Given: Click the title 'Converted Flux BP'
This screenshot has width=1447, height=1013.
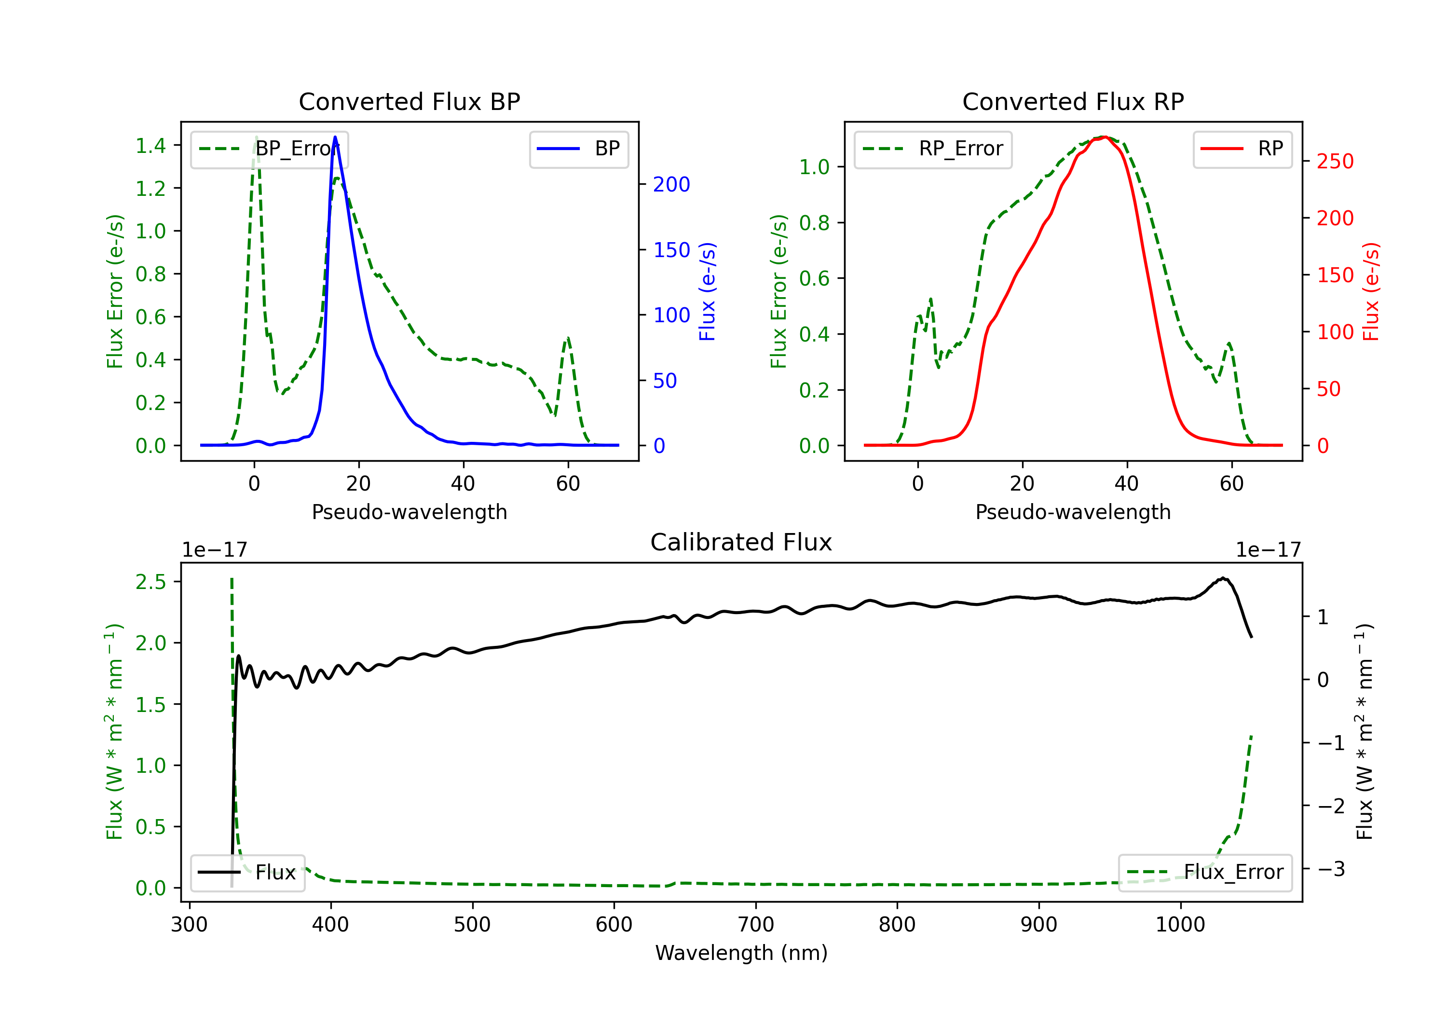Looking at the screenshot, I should pyautogui.click(x=409, y=101).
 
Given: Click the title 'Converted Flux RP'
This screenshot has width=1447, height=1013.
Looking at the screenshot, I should pyautogui.click(x=1073, y=101).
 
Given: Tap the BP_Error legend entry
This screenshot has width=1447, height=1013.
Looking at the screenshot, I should pyautogui.click(x=269, y=149).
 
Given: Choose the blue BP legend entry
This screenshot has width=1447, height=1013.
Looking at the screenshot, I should pyautogui.click(x=578, y=149).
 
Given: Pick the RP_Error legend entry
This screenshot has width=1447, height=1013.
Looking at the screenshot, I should pyautogui.click(x=933, y=149).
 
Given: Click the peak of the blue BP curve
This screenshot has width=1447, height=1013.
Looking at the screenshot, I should pyautogui.click(x=335, y=137).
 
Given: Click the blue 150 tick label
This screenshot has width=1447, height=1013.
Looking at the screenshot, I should pyautogui.click(x=671, y=250).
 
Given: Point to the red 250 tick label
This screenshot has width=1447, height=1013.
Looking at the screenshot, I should pyautogui.click(x=1335, y=162).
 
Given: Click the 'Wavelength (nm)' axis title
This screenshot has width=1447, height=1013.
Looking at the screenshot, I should pyautogui.click(x=741, y=953).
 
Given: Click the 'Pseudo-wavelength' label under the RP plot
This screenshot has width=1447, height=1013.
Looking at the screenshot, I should pyautogui.click(x=1073, y=512).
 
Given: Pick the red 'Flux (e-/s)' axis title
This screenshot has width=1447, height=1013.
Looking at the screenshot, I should pyautogui.click(x=1371, y=292).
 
